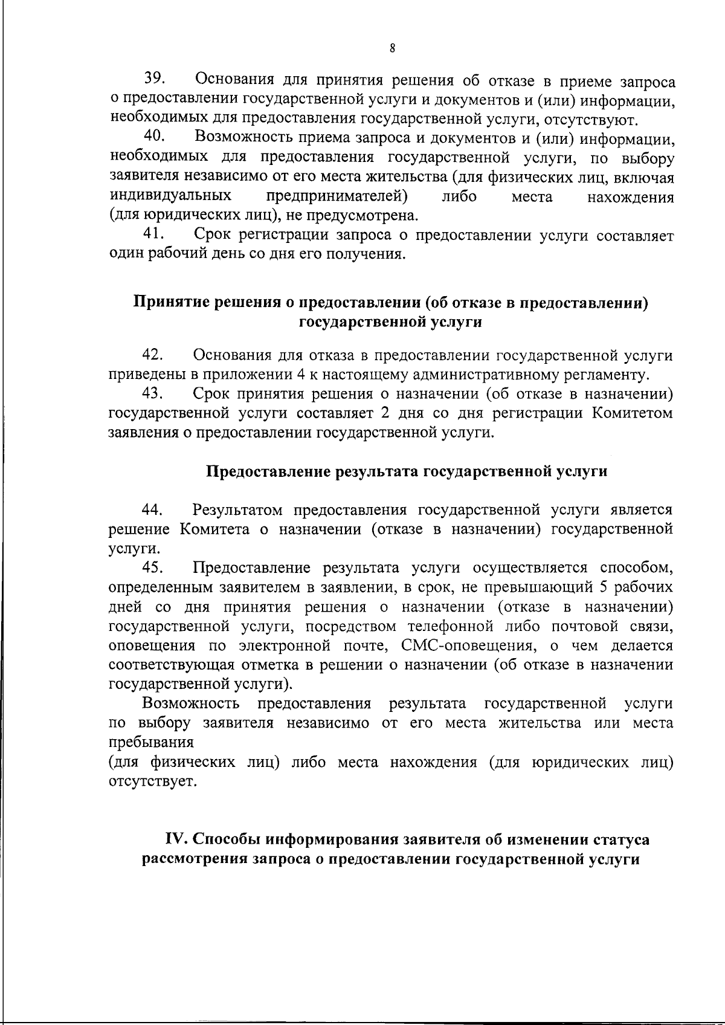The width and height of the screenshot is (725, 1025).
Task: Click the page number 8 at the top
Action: [392, 50]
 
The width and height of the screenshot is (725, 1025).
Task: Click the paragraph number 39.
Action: [157, 79]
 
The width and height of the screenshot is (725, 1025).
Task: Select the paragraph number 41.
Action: [158, 234]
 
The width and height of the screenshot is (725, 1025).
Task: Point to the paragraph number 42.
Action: [158, 355]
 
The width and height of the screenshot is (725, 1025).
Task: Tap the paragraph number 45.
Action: [158, 567]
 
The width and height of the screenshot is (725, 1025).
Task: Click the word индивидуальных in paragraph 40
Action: [170, 196]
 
